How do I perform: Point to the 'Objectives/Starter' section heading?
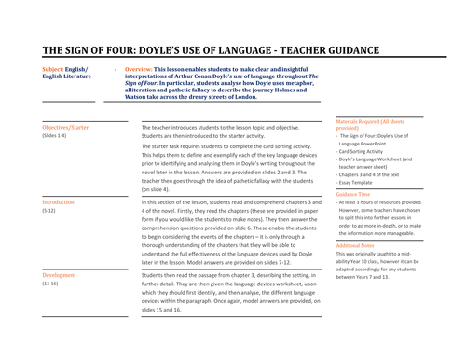66,126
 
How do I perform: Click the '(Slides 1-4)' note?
55,135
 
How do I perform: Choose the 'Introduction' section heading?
59,201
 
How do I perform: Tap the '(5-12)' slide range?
50,211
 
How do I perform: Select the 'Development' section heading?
61,277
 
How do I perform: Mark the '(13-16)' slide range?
52,286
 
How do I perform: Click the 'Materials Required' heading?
368,121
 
